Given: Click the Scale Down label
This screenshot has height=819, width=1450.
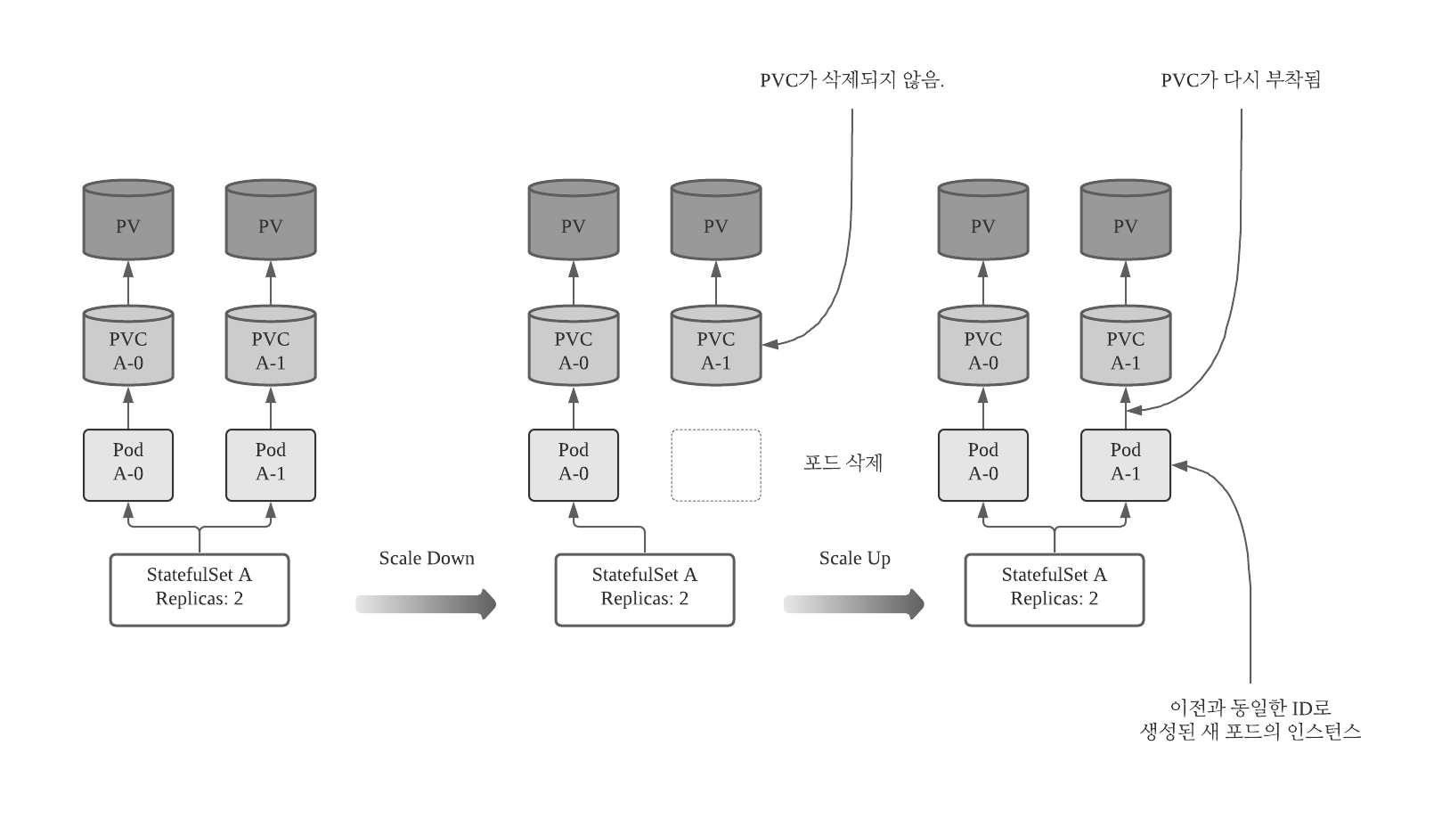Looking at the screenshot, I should coord(427,559).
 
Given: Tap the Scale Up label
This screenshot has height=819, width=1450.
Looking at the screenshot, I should coord(854,559).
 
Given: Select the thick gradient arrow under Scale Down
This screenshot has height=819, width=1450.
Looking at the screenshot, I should coord(426,604).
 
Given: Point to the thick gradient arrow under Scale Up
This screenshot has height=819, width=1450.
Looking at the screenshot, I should coord(853,604).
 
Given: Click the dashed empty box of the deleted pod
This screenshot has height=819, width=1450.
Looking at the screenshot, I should coord(716,465).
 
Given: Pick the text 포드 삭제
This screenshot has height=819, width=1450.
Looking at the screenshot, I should coord(843,463).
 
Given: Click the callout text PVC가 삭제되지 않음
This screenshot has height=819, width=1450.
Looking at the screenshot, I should coord(851,80).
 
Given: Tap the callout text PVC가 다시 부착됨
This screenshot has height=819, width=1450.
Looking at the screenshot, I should coord(1241,80).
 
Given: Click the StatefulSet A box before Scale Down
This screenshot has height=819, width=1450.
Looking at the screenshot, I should coord(200,590).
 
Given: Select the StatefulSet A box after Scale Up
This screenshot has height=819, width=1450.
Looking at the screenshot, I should coord(1055,590).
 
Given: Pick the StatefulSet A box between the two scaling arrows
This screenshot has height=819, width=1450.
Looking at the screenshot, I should coord(645,590).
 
